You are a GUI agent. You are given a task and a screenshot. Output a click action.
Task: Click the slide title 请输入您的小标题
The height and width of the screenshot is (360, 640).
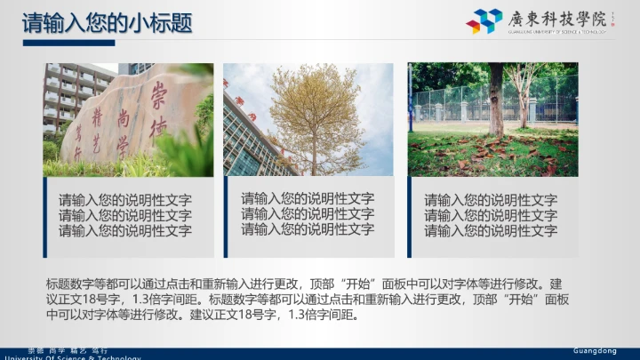107,22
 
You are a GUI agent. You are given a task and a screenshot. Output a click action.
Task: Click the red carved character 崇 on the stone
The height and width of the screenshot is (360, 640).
160,92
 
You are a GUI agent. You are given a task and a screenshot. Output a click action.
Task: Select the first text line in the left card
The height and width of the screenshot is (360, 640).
124,200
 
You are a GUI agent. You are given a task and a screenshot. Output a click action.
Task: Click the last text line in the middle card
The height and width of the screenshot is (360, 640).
308,228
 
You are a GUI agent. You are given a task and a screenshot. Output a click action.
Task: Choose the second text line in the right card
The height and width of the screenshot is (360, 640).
491,215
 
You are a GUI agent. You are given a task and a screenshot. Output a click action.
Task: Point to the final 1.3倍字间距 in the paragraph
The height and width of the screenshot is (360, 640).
318,314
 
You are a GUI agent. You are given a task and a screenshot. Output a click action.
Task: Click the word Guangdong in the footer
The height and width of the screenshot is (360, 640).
594,351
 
